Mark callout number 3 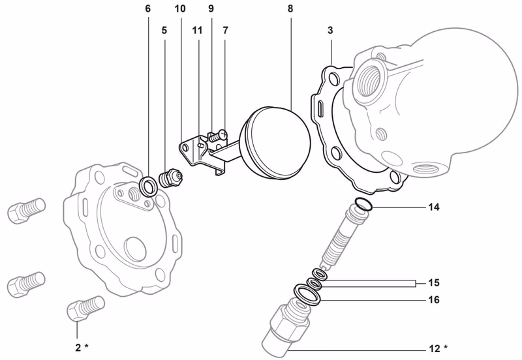click(x=331, y=30)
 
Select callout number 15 click(x=434, y=283)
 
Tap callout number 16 click(x=434, y=300)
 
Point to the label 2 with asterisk click(x=81, y=347)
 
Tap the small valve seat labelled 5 click(x=173, y=177)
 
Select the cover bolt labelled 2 click(x=84, y=307)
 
